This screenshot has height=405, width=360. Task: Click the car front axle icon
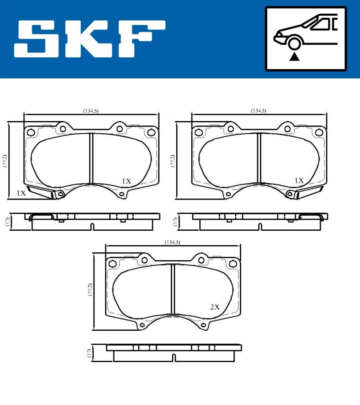coord(306,38)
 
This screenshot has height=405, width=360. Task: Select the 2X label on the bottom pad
coord(215,307)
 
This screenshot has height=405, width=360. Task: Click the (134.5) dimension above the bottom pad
coord(172,242)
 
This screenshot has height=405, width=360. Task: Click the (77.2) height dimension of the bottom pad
coord(89,292)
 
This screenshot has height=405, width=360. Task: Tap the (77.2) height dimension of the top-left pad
coord(5,161)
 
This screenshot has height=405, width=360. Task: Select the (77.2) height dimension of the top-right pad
coord(172,161)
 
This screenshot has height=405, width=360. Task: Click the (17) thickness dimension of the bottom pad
coord(89,353)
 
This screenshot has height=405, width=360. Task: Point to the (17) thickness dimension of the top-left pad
coord(8,222)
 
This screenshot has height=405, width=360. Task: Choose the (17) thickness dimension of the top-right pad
coord(175,222)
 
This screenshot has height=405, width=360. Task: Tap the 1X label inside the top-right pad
coord(298,181)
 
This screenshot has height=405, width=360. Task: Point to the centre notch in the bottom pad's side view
coord(174,357)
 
